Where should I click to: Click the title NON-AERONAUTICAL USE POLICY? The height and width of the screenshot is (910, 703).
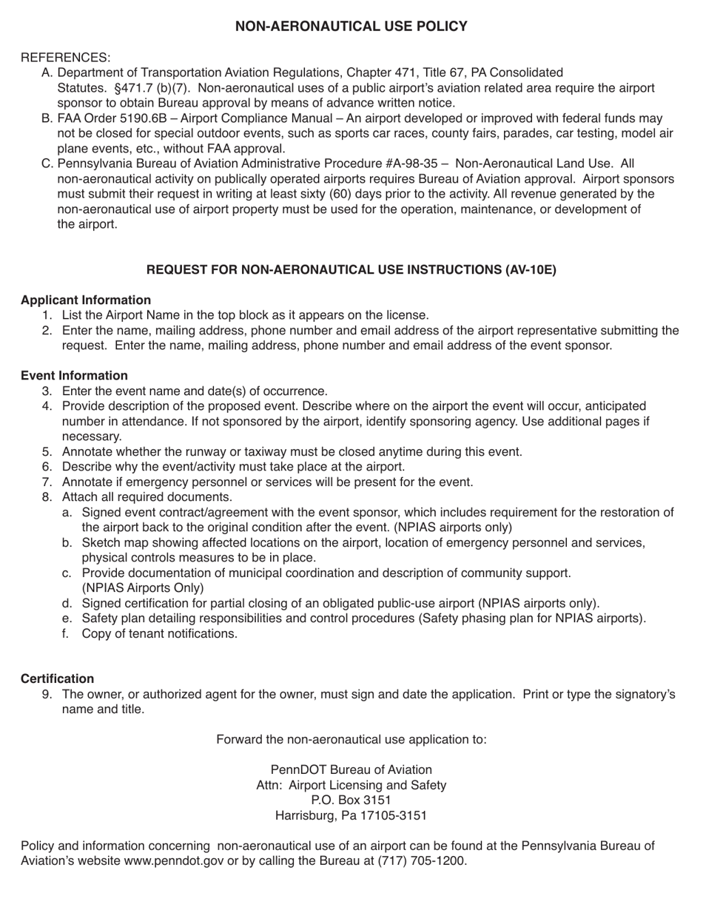[x=351, y=27]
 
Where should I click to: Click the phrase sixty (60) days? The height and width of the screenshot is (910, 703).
[x=369, y=194]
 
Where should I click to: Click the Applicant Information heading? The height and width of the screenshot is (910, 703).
[x=86, y=300]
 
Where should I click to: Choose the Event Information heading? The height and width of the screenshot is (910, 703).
[x=74, y=376]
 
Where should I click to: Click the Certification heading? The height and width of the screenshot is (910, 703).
[x=57, y=678]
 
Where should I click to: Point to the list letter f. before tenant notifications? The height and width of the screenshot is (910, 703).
[x=67, y=633]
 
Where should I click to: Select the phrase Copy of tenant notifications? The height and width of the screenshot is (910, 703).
[x=160, y=633]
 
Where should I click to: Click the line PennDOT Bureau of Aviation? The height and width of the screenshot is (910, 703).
[x=351, y=769]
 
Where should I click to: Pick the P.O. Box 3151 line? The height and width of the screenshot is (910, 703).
[x=351, y=800]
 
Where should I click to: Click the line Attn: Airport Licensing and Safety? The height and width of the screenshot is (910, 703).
[x=351, y=785]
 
